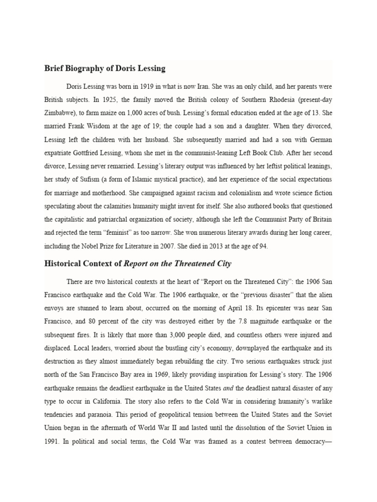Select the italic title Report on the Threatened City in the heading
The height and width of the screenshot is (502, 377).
point(177,263)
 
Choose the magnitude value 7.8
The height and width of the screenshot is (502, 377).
point(226,322)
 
